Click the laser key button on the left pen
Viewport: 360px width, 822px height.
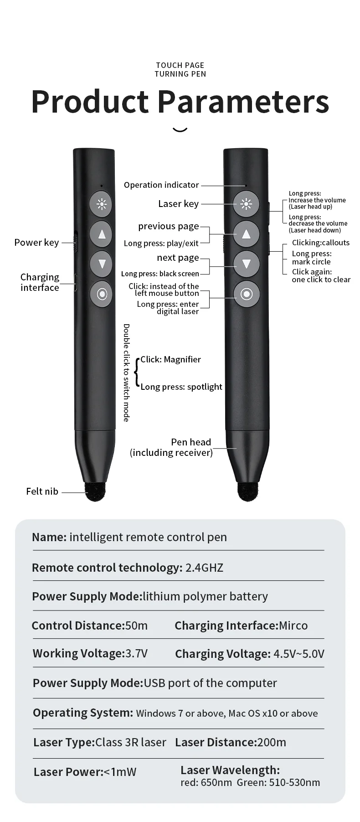coord(101,204)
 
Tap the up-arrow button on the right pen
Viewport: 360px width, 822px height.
coord(246,234)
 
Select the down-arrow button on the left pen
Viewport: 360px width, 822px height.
coord(101,264)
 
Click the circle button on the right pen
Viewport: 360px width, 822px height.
coord(247,294)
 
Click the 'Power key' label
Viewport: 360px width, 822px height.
coord(36,243)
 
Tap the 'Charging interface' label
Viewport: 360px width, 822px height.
coord(40,282)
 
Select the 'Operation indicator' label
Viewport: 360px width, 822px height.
coord(161,185)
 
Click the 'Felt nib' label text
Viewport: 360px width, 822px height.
coord(42,491)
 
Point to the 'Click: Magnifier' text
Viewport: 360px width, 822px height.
coord(170,359)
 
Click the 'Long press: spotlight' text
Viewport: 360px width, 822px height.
coord(181,387)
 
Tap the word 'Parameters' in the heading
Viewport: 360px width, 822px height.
coord(243,101)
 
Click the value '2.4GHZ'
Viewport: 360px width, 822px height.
coord(204,568)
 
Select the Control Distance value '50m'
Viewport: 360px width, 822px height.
coord(136,626)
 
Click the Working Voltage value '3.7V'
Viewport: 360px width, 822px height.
coord(136,653)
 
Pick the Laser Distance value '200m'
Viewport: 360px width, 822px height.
coord(272,742)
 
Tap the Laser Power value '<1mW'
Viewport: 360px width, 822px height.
coord(120,772)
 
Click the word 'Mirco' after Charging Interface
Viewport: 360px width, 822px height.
coord(293,626)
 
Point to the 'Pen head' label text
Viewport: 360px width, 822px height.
coord(191,442)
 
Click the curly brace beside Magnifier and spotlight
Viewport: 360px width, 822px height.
coord(136,373)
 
